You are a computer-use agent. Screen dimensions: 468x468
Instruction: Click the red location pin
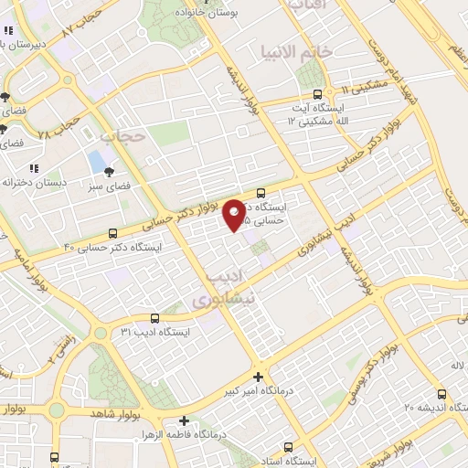pyautogui.click(x=235, y=215)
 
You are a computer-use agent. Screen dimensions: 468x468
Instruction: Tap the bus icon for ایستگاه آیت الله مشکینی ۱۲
pyautogui.click(x=317, y=93)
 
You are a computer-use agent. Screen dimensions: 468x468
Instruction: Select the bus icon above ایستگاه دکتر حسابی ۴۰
pyautogui.click(x=112, y=233)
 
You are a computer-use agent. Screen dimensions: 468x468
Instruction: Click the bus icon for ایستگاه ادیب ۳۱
pyautogui.click(x=154, y=319)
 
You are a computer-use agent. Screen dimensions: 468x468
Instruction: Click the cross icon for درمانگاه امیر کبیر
pyautogui.click(x=259, y=377)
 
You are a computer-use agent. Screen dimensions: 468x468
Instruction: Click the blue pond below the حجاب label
pyautogui.click(x=96, y=163)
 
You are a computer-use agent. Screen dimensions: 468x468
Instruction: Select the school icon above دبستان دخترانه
pyautogui.click(x=34, y=168)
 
